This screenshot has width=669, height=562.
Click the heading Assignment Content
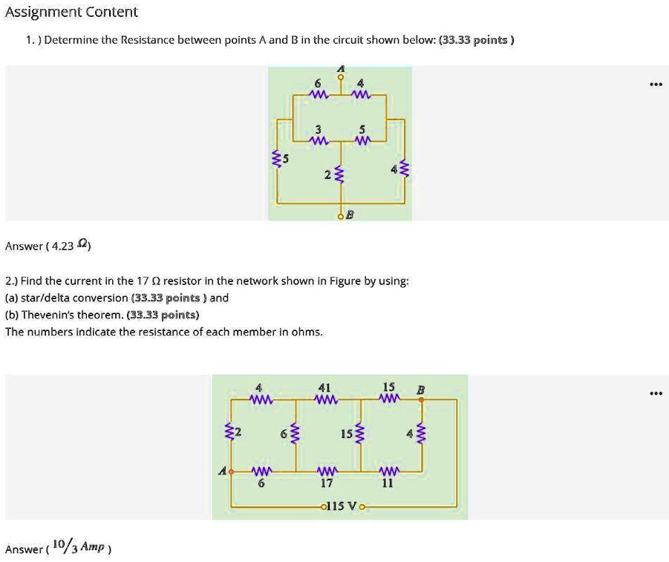[x=71, y=12]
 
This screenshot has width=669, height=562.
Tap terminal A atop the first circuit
[x=342, y=75]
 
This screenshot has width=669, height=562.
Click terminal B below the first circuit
[x=342, y=216]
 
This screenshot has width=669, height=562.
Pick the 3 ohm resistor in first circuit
[x=319, y=140]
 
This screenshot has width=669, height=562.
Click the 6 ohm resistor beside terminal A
[x=319, y=94]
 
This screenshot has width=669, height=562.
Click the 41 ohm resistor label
[x=324, y=388]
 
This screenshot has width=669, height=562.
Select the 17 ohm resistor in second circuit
[x=327, y=471]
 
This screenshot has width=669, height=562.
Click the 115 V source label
[x=342, y=506]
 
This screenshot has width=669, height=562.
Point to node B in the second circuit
[x=421, y=399]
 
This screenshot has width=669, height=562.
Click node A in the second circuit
[x=231, y=471]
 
